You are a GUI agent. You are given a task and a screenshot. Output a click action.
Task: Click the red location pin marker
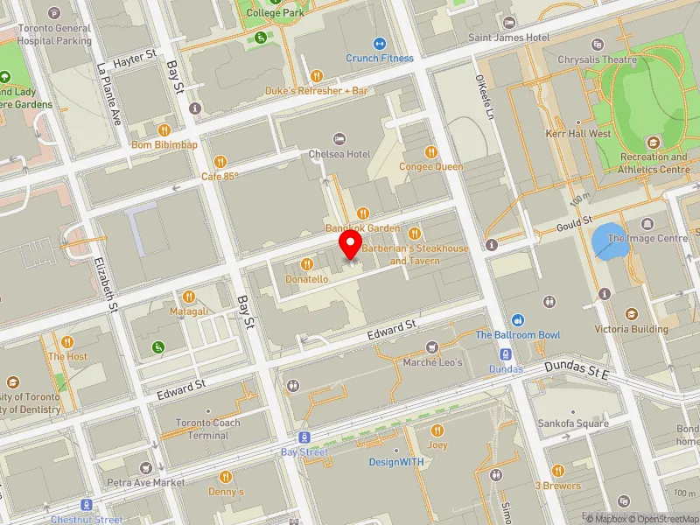[351, 244]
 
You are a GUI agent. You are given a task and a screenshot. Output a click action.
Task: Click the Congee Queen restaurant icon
[430, 150]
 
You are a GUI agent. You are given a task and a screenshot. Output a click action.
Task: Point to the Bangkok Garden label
[362, 227]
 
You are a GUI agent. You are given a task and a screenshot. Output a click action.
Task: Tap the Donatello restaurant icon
[306, 263]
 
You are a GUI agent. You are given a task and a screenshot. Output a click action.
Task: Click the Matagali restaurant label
[189, 311]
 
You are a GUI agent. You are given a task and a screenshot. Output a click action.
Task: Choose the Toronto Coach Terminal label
[208, 429]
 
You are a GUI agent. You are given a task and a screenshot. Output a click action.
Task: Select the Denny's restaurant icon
[226, 477]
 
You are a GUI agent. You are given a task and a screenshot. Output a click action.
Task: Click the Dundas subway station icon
[506, 354]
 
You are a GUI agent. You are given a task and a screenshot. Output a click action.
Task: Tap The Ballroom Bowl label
[518, 335]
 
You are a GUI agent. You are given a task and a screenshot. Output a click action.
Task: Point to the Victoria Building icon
[632, 314]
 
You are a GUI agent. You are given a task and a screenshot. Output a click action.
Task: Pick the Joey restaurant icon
[437, 430]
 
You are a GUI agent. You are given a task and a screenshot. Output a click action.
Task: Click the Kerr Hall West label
[577, 134]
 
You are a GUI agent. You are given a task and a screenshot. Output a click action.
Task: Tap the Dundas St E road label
[578, 373]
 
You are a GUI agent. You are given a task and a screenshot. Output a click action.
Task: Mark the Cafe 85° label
[220, 176]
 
